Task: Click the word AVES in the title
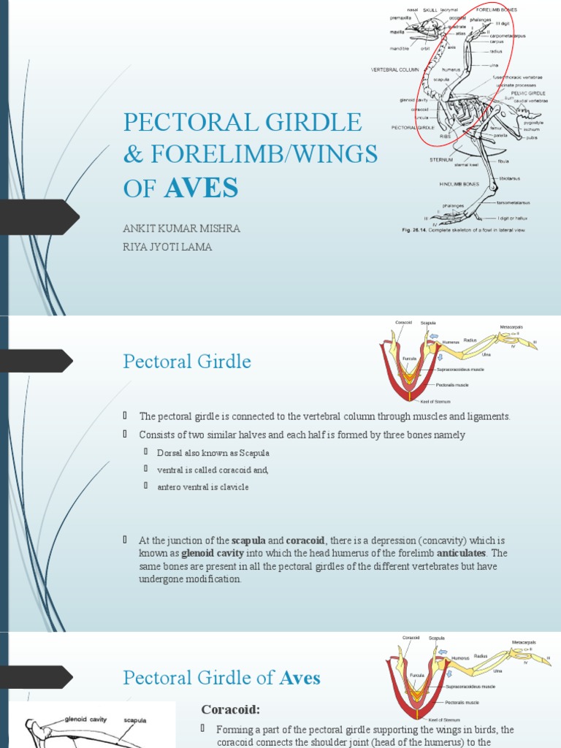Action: tap(202, 188)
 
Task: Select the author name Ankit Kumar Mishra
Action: tap(181, 229)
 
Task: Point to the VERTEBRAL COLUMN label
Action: tap(395, 69)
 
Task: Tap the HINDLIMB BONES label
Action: tap(459, 184)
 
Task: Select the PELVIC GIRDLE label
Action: tap(527, 93)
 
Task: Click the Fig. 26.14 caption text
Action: tap(464, 230)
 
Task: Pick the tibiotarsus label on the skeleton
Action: tap(509, 178)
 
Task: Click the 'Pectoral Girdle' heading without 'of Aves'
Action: tap(187, 361)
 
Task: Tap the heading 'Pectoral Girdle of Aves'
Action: tap(221, 678)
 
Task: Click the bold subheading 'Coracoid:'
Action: tap(230, 710)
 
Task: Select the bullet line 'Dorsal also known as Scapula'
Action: tap(213, 454)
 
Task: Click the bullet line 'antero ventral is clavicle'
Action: tap(203, 487)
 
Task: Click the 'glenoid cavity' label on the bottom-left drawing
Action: tap(85, 719)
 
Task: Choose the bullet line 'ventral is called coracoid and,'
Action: tap(213, 470)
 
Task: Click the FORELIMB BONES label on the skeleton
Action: tap(497, 10)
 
